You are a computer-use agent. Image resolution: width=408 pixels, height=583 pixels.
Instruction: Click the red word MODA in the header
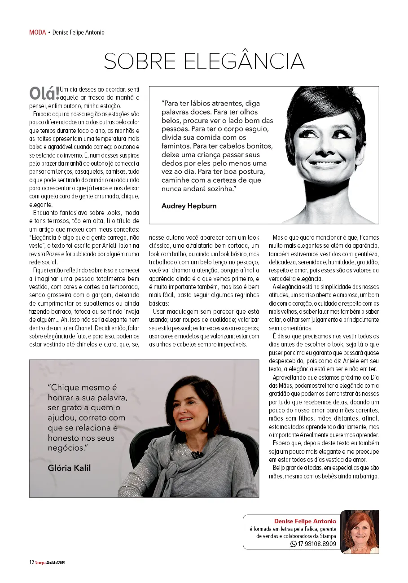tap(37, 32)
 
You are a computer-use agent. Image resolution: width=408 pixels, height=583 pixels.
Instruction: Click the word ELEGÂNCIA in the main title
tap(245, 62)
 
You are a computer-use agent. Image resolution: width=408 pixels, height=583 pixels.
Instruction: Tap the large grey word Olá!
tap(44, 93)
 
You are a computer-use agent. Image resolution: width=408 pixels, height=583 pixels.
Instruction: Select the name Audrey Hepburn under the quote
tap(189, 206)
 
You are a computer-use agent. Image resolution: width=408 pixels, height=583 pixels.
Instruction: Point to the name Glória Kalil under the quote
tap(69, 468)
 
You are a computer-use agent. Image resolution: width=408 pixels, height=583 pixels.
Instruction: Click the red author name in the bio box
tap(305, 521)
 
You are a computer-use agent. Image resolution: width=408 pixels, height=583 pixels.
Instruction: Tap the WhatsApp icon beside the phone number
tap(294, 544)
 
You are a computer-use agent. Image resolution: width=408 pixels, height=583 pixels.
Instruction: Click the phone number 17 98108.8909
tap(317, 544)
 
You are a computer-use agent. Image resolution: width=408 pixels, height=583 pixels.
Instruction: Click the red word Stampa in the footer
tap(40, 562)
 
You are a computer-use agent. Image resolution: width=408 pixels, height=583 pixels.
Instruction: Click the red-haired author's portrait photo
tap(360, 532)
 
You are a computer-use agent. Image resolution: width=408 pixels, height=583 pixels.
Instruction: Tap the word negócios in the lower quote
tap(66, 447)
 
